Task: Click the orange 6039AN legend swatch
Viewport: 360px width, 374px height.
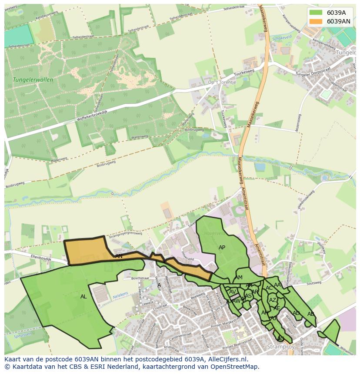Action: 316,21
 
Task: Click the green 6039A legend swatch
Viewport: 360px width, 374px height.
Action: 316,13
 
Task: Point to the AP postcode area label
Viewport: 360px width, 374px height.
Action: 222,248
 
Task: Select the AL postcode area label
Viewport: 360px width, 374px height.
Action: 83,297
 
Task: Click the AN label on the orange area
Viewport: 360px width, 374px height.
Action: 119,256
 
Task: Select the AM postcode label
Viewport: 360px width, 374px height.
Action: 238,278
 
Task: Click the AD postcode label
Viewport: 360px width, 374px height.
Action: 296,313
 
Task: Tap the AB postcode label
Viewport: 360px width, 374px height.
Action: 310,314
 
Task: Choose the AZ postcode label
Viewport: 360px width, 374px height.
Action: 273,300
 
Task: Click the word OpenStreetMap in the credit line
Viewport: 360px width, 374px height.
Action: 237,367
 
